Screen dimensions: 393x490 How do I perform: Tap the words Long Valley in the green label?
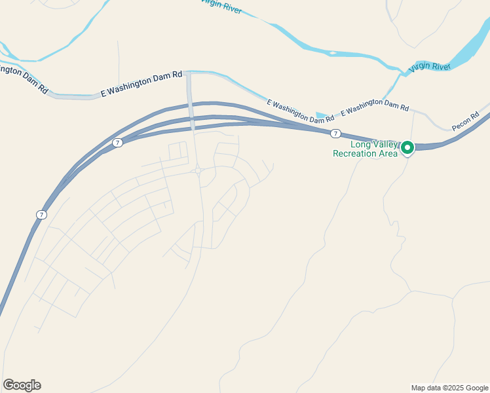pyautogui.click(x=374, y=145)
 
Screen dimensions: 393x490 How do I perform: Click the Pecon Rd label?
pyautogui.click(x=466, y=121)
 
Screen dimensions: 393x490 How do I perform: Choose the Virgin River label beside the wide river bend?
pyautogui.click(x=430, y=67)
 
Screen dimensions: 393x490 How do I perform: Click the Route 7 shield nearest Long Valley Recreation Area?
pyautogui.click(x=335, y=134)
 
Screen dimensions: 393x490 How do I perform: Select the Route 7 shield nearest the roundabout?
pyautogui.click(x=117, y=142)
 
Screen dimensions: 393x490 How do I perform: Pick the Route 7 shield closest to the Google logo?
pyautogui.click(x=41, y=214)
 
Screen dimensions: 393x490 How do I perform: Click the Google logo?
pyautogui.click(x=22, y=385)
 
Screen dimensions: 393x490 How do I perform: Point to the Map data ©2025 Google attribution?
pyautogui.click(x=449, y=388)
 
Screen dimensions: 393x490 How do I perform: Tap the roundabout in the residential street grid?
pyautogui.click(x=197, y=170)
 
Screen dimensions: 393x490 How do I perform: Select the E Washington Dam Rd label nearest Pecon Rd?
pyautogui.click(x=375, y=105)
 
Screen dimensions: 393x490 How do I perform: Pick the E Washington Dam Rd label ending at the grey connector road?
pyautogui.click(x=141, y=84)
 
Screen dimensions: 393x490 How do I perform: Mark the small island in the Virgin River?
pyautogui.click(x=333, y=52)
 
